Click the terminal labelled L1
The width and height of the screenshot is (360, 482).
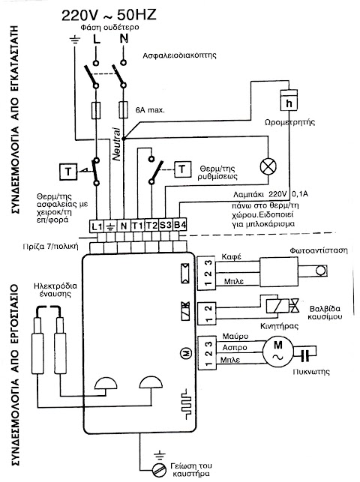click(x=97, y=226)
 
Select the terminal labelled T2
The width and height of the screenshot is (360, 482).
click(x=151, y=226)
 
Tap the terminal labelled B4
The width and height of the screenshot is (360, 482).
click(x=179, y=226)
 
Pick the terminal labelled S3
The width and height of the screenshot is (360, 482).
click(x=166, y=226)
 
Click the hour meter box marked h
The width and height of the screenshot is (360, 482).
click(x=289, y=100)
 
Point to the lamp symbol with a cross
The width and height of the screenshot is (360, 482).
click(x=268, y=167)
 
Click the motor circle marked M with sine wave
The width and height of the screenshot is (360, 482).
click(x=277, y=352)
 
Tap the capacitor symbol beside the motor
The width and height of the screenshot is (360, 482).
click(x=305, y=355)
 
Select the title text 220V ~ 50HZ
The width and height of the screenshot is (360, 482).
click(x=109, y=15)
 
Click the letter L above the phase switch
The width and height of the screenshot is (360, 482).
click(x=96, y=39)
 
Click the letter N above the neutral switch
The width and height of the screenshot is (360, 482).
click(x=124, y=39)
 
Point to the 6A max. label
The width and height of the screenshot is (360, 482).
click(x=150, y=109)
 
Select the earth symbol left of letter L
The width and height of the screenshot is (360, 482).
click(x=75, y=40)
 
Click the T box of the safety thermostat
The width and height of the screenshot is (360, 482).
click(x=68, y=172)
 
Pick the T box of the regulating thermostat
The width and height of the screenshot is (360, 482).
click(x=182, y=169)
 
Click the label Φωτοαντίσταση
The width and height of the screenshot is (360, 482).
click(x=319, y=250)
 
